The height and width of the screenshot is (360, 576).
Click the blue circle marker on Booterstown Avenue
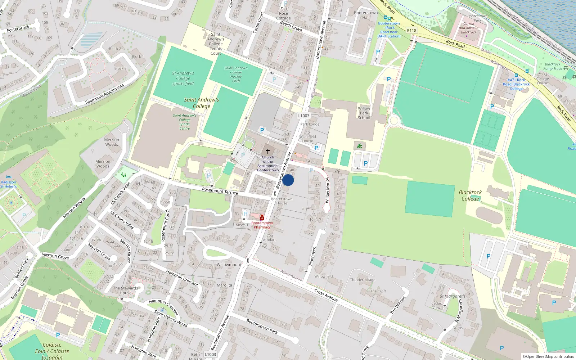coord(288,180)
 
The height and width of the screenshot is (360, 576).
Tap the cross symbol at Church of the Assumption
coord(268,151)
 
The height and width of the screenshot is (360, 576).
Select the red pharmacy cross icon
coord(262,218)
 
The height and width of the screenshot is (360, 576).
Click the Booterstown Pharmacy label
coord(262,225)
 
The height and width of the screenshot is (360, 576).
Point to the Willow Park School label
coord(364,113)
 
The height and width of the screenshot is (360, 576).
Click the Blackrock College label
coord(470,195)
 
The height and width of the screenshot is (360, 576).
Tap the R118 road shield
coord(411,31)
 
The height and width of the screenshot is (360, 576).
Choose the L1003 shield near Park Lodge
coord(304,116)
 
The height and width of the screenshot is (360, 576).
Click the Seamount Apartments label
coord(104,94)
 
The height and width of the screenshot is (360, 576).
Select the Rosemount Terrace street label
coord(220,191)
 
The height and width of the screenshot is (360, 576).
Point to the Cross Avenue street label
coord(326,295)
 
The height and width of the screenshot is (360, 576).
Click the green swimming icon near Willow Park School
coord(360,146)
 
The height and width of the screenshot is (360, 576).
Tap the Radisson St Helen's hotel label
coord(8,184)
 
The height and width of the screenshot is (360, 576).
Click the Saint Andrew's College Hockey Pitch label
coord(236,75)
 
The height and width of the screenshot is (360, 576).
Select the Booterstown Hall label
coord(366,15)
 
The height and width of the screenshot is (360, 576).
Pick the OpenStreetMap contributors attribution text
coord(548,357)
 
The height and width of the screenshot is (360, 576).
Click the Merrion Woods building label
coord(112,142)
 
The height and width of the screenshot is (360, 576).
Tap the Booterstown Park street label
coord(262,327)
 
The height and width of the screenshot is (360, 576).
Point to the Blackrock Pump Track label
coord(552,66)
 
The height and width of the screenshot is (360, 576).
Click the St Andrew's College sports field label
coord(183,78)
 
